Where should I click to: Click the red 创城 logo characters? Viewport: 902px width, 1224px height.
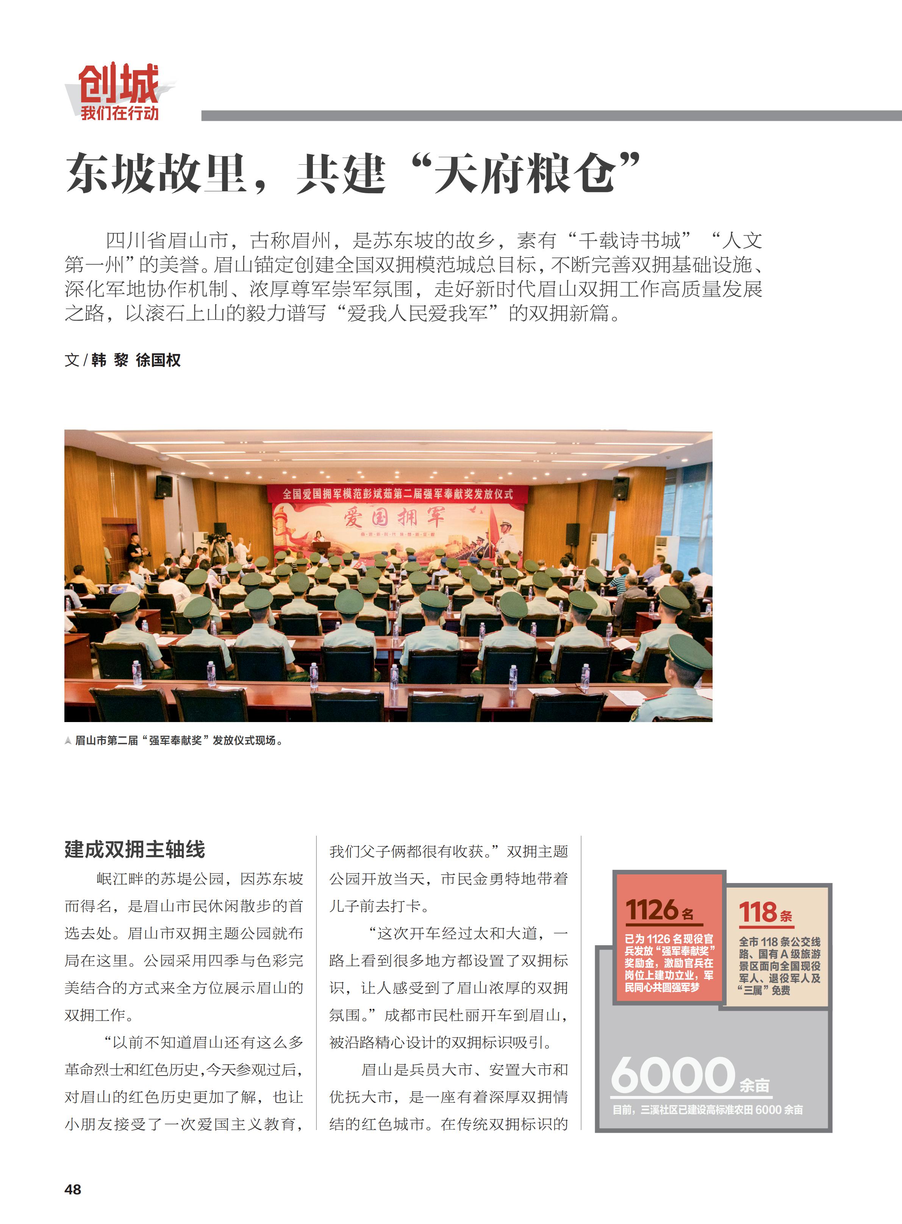[x=119, y=83]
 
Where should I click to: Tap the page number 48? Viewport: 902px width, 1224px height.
[x=73, y=1189]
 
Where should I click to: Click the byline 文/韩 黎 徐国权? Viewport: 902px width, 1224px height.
[x=122, y=360]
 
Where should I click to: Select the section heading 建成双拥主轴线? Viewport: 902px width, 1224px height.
[x=135, y=849]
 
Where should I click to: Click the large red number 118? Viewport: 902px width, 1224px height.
[x=758, y=912]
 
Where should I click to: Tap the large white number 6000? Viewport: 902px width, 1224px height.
[x=673, y=1074]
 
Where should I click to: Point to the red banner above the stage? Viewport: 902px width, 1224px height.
[x=397, y=494]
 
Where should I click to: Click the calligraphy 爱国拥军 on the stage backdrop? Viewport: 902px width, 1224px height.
[x=394, y=516]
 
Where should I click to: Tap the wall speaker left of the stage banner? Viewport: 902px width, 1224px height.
[x=164, y=486]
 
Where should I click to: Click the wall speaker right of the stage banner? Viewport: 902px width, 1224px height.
[x=620, y=488]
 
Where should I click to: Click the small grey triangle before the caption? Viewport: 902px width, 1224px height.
[x=68, y=741]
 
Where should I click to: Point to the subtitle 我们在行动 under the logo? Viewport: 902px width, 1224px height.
[x=120, y=113]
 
